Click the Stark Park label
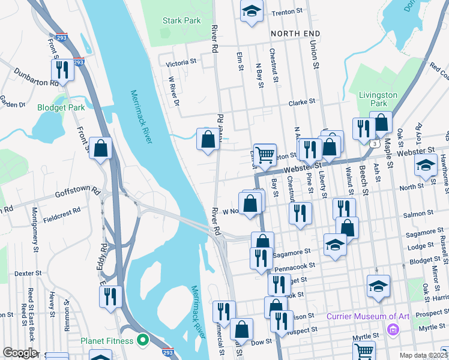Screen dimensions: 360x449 [181, 20]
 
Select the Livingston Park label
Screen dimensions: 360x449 [378, 99]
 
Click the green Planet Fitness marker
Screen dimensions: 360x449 [142, 341]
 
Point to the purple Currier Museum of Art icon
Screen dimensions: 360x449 [393, 328]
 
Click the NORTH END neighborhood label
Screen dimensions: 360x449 [295, 34]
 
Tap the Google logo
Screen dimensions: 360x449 [20, 353]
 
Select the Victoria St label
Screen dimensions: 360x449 [181, 62]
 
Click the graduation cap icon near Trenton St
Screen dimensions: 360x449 [252, 10]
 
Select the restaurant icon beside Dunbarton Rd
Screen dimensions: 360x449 [62, 70]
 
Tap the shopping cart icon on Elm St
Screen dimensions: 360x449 [265, 155]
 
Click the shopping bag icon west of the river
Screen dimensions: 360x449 [100, 148]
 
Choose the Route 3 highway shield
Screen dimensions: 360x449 [374, 144]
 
